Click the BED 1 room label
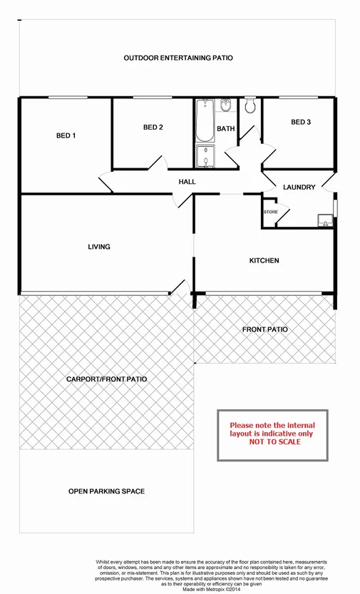[x=66, y=135]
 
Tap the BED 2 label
[x=153, y=128]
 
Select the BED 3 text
[x=301, y=123]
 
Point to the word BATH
[x=226, y=129]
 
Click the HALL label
[x=187, y=182]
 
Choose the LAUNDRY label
[x=299, y=188]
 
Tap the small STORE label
[x=271, y=212]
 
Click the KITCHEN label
[x=264, y=261]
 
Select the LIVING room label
[x=99, y=247]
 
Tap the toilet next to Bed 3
[x=250, y=107]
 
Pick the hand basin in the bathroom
[x=226, y=106]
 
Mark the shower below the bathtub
[x=205, y=157]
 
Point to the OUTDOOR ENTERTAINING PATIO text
[x=178, y=58]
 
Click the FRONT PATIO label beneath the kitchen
[x=264, y=329]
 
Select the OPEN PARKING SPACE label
[x=107, y=491]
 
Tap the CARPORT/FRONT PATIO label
[x=107, y=379]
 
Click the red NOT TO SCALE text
[x=275, y=442]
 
